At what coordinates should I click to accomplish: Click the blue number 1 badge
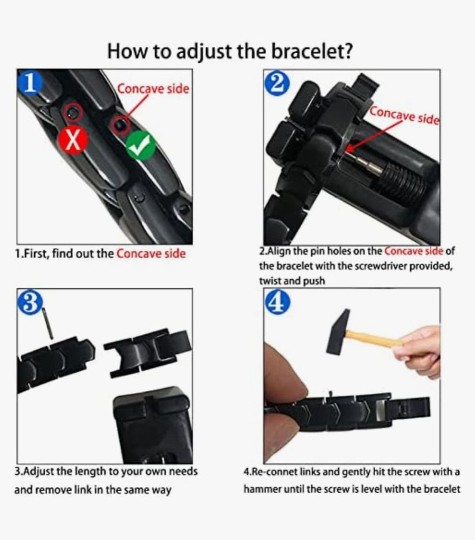(30, 83)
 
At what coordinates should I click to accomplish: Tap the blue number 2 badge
(277, 83)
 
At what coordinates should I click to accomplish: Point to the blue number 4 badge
(277, 302)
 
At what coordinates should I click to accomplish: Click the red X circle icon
(73, 140)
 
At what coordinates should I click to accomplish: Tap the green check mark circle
(141, 146)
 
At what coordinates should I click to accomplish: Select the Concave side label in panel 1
(153, 89)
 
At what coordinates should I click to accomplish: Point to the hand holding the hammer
(419, 351)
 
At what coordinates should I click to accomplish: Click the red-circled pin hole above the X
(73, 113)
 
